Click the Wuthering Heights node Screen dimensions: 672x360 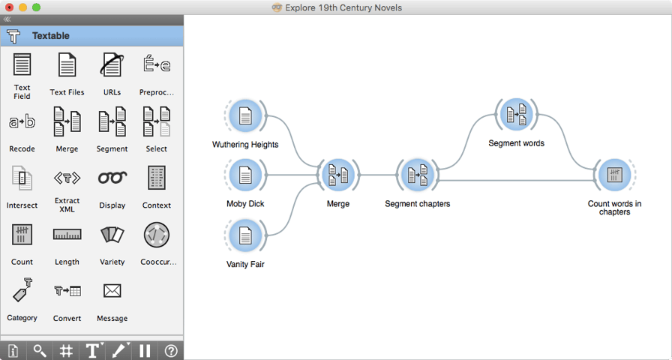tap(245, 116)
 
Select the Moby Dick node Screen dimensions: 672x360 tap(245, 175)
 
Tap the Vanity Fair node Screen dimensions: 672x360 tap(245, 235)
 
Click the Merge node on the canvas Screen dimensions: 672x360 tap(338, 175)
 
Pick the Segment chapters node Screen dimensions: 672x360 tap(418, 175)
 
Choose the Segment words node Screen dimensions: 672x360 tap(516, 115)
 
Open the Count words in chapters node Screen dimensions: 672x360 tap(614, 175)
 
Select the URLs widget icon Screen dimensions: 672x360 tap(112, 64)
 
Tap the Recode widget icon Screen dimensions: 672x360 tap(22, 122)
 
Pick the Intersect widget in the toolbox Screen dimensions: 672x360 tap(22, 178)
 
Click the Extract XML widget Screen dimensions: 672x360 tap(67, 178)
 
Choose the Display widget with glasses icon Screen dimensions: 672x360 tap(112, 178)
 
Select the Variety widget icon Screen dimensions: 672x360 tap(112, 235)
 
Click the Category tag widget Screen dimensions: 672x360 tap(22, 290)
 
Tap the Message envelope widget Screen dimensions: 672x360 tap(112, 291)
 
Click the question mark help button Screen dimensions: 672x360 tap(170, 352)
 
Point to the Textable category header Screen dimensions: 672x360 tap(91, 36)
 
